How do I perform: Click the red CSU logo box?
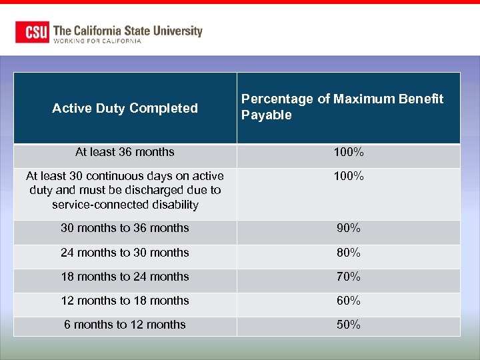click(33, 32)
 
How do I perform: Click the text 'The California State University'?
click(127, 30)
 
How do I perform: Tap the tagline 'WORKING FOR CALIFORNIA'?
click(97, 41)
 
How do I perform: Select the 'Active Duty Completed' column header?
click(125, 108)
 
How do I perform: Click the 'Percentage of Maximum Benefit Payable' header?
click(342, 107)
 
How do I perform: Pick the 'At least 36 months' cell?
click(125, 152)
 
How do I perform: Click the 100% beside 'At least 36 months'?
click(349, 153)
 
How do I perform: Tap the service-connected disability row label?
click(125, 190)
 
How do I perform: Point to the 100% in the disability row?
click(349, 177)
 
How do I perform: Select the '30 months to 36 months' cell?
click(125, 228)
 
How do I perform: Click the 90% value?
click(349, 228)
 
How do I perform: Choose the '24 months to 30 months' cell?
click(125, 253)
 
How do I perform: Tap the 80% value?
click(349, 253)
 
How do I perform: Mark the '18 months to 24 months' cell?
click(125, 277)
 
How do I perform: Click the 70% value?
click(349, 277)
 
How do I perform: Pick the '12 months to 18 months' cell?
click(125, 301)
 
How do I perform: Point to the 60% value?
click(349, 301)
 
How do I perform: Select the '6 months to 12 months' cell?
click(125, 325)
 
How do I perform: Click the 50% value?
click(349, 325)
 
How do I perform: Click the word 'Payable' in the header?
click(267, 115)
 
